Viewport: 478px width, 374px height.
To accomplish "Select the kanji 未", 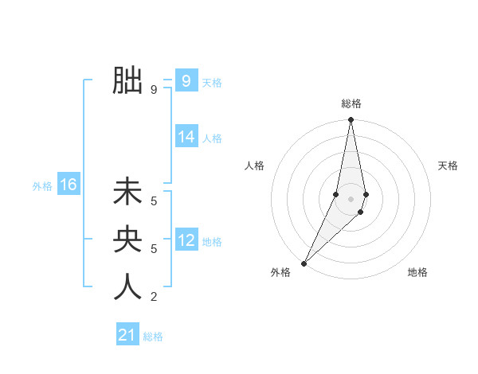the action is tap(128, 193).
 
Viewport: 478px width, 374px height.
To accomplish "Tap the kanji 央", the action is tap(128, 240).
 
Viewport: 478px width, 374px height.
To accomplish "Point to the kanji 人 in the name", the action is tap(128, 286).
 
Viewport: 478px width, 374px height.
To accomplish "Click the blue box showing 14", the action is tap(186, 137).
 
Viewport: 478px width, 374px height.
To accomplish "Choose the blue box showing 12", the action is tap(186, 240).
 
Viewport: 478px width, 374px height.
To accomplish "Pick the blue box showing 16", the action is tap(68, 185).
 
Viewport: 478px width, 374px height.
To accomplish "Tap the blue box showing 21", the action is tap(127, 335).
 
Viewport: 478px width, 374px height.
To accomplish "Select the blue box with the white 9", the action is tap(186, 80).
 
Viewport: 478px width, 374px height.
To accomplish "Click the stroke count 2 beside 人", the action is tap(154, 297).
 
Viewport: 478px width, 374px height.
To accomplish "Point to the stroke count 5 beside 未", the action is tap(154, 202).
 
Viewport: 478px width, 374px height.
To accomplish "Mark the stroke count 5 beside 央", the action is tap(154, 249).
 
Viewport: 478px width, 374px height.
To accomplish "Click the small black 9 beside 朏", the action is tap(154, 90).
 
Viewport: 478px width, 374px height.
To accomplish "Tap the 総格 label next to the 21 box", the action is tap(153, 337).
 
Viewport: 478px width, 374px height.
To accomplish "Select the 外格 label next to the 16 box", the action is tap(42, 186).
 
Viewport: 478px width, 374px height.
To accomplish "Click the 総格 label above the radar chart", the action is tap(351, 103).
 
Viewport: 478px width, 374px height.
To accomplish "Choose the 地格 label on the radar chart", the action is tap(417, 272).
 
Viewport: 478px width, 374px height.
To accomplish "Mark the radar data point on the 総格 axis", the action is tap(351, 120).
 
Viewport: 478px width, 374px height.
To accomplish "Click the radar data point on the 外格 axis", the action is tap(304, 263).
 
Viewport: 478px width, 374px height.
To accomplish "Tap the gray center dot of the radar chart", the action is tap(351, 199).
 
